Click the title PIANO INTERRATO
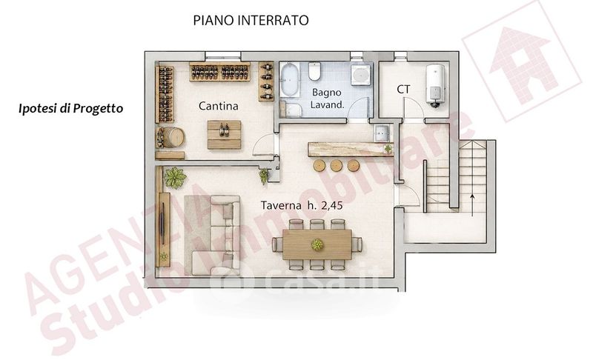(251, 20)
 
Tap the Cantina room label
(218, 106)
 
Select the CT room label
(403, 90)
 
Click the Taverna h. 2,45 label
(302, 205)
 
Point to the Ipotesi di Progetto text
(70, 108)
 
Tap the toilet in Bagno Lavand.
(314, 71)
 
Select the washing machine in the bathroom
(360, 74)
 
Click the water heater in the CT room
(435, 84)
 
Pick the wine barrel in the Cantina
(174, 137)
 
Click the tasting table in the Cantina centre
(225, 135)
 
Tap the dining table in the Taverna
(317, 244)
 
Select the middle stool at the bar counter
(337, 165)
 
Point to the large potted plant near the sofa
(175, 177)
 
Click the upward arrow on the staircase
(472, 205)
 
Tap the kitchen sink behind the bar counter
(382, 133)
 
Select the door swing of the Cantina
(264, 144)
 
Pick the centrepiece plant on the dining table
(317, 244)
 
